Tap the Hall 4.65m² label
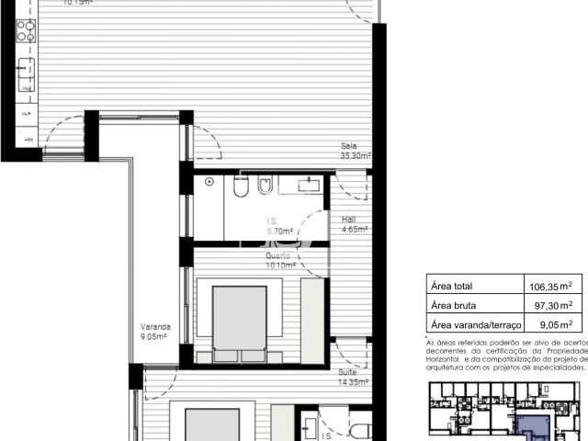pos(355,225)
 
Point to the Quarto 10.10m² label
pos(280,261)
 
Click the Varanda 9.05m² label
pos(153,332)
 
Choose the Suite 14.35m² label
pos(354,378)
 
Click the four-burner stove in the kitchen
pos(25,30)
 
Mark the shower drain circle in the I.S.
pos(210,183)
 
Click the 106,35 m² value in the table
pos(551,286)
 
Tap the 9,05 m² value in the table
pos(555,324)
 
